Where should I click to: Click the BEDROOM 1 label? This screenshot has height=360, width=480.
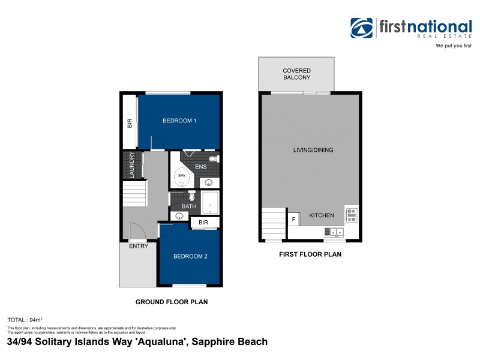179,121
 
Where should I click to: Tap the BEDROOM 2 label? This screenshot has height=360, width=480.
190,257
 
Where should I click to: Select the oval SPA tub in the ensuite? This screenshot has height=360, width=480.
182,176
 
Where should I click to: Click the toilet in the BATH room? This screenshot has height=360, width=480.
191,196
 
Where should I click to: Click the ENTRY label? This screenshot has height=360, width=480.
139,246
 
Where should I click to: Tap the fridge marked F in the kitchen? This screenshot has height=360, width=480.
294,220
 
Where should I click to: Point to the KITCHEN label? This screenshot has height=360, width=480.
321,215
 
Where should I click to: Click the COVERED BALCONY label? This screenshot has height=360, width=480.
296,74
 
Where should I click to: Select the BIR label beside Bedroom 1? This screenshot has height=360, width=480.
129,123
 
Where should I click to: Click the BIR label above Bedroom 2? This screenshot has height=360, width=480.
203,223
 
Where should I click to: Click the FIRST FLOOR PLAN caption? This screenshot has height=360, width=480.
310,254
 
